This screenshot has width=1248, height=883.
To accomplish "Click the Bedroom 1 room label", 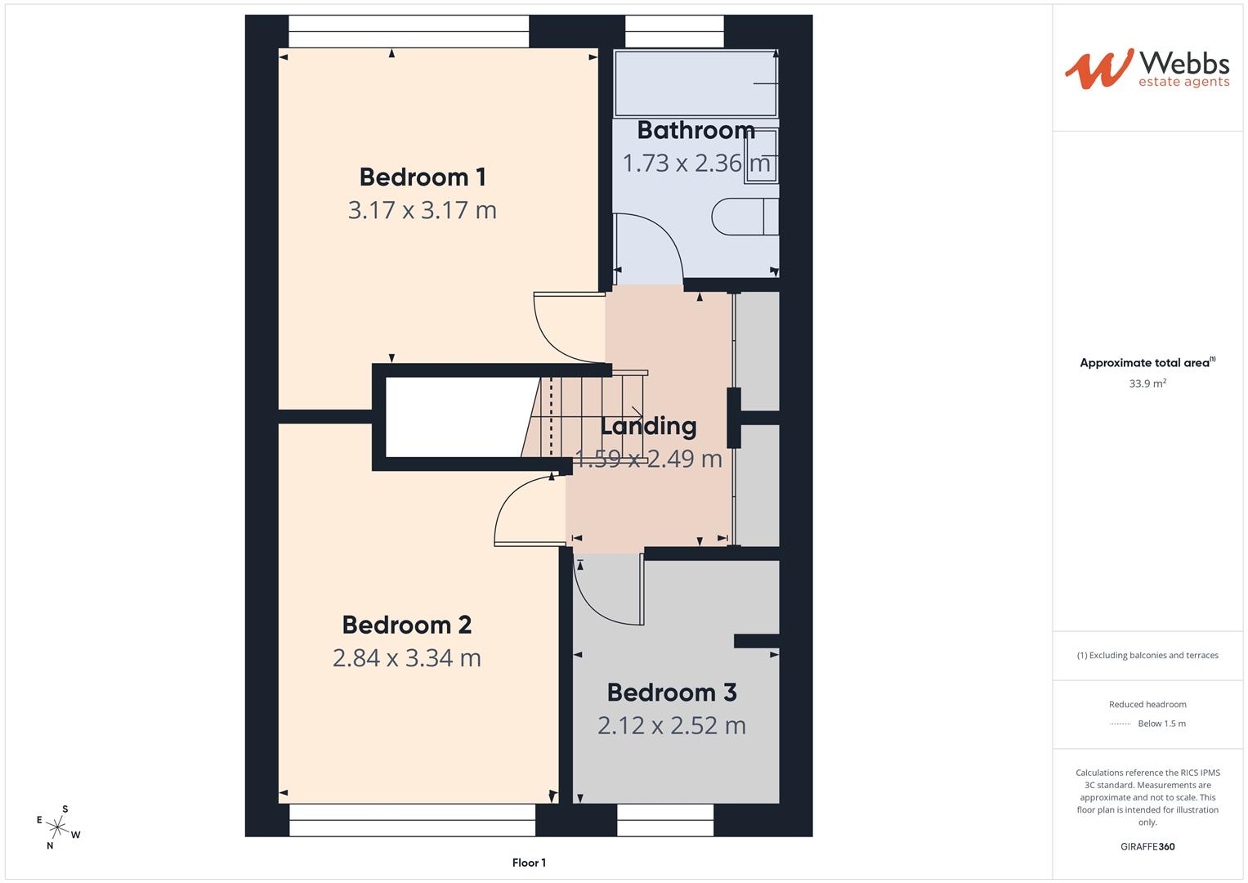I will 423,177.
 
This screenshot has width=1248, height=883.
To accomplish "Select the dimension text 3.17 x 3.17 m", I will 423,210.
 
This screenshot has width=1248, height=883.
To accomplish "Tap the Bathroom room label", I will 696,130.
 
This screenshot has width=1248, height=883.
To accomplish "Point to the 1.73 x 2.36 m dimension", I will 696,164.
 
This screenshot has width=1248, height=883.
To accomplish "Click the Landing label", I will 648,426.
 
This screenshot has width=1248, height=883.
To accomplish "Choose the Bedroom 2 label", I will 407,625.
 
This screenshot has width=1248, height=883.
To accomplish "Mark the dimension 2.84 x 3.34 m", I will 407,658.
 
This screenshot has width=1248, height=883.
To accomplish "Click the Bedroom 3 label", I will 672,693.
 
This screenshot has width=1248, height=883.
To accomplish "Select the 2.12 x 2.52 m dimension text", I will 672,726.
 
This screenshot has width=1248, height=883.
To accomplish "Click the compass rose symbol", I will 58,827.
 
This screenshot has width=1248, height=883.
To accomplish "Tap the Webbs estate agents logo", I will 1147,69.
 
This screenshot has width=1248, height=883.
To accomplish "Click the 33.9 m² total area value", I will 1147,383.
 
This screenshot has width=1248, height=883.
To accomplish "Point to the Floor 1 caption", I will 529,863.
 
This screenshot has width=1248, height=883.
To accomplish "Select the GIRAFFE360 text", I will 1147,847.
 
